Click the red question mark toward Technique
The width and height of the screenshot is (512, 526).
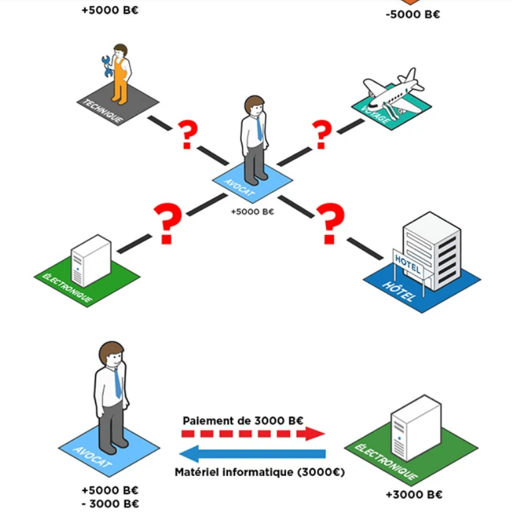188,135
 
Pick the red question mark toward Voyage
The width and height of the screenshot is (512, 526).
322,135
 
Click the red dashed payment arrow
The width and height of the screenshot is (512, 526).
253,434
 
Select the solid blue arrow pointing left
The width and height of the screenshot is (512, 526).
253,454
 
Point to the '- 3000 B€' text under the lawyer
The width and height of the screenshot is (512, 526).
110,504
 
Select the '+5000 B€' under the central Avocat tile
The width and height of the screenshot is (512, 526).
252,212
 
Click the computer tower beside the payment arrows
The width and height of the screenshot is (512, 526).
415,427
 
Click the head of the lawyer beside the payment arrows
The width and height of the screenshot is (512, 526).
111,356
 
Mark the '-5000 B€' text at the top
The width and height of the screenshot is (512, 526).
412,14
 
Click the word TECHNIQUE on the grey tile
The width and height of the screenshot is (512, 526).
102,111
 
